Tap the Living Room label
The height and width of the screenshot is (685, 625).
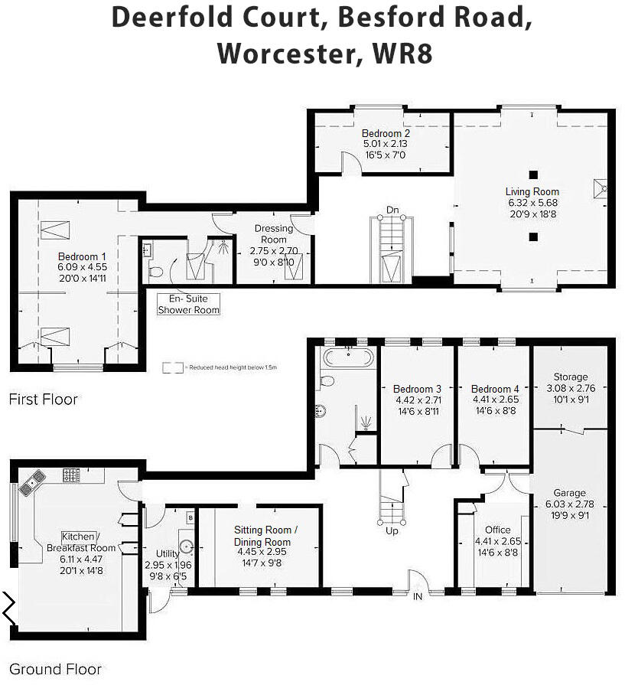click(532, 191)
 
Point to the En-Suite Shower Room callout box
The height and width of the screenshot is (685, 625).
click(188, 304)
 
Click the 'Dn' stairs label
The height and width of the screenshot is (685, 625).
click(392, 210)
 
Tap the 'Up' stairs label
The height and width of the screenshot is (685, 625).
click(392, 530)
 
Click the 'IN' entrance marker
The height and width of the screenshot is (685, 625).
click(418, 596)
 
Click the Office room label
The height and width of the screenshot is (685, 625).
click(497, 530)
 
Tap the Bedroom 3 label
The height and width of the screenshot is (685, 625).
click(417, 389)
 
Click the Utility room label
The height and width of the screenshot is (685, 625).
click(167, 553)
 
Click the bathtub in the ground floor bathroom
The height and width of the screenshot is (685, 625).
click(349, 358)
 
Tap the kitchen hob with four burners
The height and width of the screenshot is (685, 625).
click(71, 476)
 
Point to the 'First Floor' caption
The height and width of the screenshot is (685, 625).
click(44, 399)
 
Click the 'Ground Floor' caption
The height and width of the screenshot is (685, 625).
click(55, 669)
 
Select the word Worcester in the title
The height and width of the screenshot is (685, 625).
click(283, 54)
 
